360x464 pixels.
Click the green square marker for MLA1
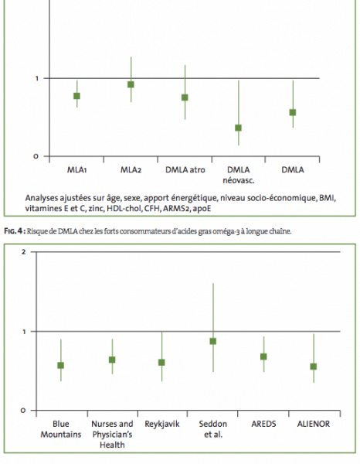point(76,96)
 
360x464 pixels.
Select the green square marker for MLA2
point(131,84)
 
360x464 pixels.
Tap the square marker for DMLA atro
point(185,97)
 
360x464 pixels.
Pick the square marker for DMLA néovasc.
point(238,128)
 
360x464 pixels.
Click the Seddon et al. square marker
point(212,341)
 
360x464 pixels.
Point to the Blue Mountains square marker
point(60,366)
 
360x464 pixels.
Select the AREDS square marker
point(263,357)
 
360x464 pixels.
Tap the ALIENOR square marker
point(314,367)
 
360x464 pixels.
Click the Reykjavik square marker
point(161,363)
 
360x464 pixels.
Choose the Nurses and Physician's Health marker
point(112,360)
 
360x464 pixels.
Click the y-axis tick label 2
point(24,252)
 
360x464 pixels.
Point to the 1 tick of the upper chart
point(37,78)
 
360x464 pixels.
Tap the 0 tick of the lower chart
point(23,411)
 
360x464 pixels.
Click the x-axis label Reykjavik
point(162,424)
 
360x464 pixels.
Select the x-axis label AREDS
point(263,424)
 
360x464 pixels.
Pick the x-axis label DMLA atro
point(185,170)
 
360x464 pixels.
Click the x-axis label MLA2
point(131,170)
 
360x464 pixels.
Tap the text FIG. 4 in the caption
point(13,231)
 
